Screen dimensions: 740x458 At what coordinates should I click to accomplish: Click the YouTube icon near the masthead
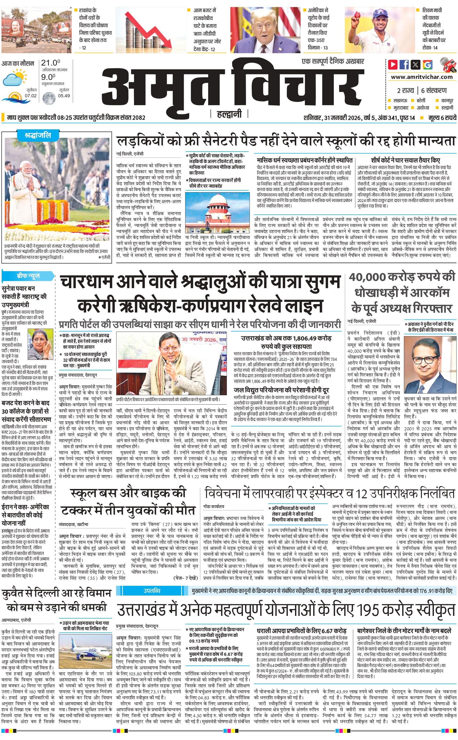[x=393, y=65]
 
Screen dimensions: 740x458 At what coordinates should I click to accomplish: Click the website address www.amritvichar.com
[x=422, y=77]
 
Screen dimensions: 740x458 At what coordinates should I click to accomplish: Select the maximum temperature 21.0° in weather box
[x=50, y=63]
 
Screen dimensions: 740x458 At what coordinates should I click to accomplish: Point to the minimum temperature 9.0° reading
[x=48, y=77]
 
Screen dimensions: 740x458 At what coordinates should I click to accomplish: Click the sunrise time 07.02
[x=31, y=96]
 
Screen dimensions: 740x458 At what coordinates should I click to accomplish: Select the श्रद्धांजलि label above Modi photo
[x=38, y=135]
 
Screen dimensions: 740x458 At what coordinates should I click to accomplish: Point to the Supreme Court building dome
[x=217, y=200]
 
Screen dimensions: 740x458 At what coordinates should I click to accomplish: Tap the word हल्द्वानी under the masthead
[x=229, y=114]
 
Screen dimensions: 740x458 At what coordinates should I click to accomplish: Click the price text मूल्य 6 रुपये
[x=442, y=118]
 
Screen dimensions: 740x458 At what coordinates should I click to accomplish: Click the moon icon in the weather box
[x=48, y=98]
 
